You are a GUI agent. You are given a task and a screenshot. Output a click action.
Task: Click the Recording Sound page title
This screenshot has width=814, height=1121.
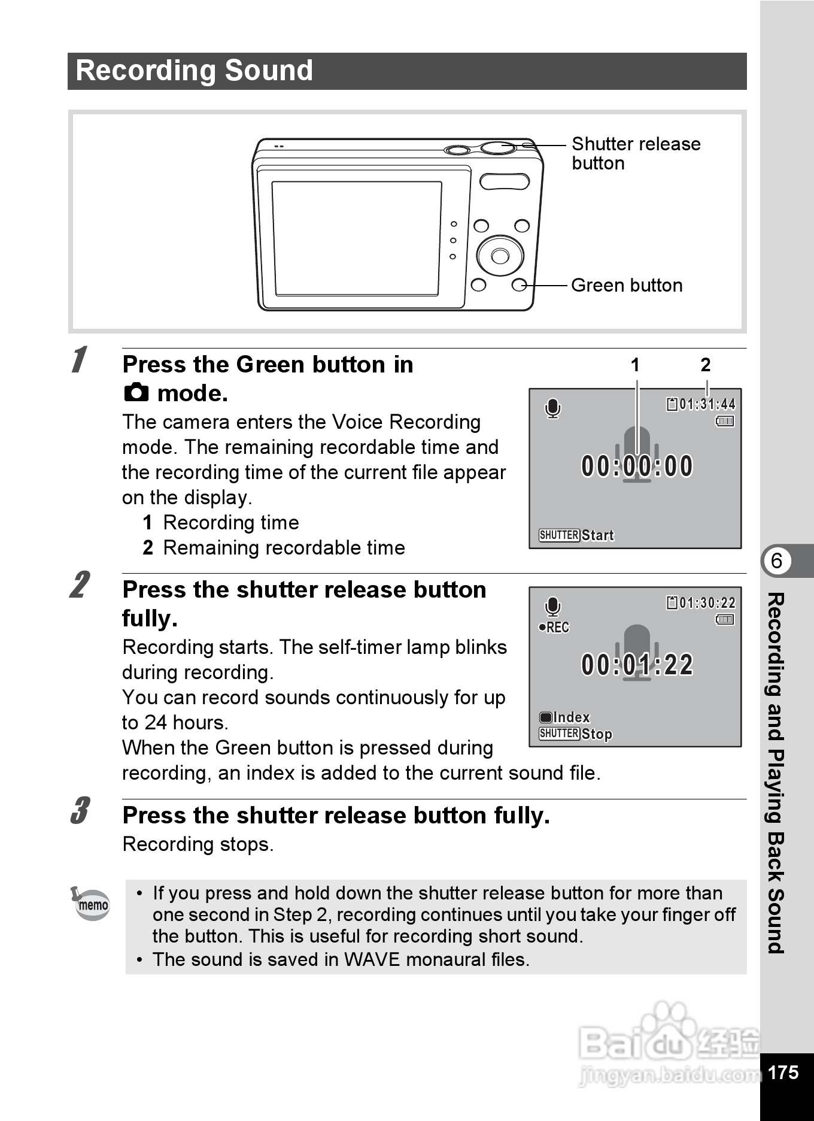(x=195, y=71)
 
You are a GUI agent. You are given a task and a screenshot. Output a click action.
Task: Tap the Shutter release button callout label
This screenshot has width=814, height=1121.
(x=635, y=153)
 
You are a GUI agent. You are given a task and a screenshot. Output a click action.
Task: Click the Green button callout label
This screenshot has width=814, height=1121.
(x=626, y=286)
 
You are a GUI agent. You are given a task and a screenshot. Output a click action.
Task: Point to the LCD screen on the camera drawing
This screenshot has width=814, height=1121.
(x=357, y=238)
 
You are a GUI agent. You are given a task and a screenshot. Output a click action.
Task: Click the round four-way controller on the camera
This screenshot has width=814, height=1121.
(x=500, y=256)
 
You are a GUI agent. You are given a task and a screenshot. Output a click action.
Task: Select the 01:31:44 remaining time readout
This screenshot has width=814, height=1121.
(x=706, y=405)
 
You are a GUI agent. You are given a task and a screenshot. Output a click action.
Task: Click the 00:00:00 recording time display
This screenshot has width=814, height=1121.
(x=637, y=466)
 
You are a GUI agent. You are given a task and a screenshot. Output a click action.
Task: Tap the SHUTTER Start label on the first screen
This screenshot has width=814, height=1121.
(x=576, y=535)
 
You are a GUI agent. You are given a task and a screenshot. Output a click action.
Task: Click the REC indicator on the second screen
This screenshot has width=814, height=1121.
(x=554, y=628)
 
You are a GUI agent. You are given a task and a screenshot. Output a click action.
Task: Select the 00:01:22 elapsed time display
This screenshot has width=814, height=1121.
(x=637, y=665)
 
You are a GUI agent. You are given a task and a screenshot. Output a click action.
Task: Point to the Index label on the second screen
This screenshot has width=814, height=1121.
(x=565, y=717)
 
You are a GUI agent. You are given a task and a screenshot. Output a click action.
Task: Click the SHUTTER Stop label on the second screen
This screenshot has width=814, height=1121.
(x=575, y=734)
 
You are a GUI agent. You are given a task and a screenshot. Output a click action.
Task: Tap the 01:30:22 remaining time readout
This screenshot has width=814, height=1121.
(x=706, y=603)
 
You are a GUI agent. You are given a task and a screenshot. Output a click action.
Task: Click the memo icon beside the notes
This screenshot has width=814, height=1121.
(x=90, y=904)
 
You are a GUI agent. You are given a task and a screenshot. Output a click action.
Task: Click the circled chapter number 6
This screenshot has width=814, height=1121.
(x=776, y=561)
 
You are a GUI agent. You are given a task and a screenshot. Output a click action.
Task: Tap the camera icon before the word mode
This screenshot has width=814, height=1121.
(x=136, y=393)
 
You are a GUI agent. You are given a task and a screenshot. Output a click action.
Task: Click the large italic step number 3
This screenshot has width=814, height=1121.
(x=80, y=811)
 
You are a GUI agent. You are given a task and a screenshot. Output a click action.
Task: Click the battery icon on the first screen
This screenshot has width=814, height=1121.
(x=725, y=422)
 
